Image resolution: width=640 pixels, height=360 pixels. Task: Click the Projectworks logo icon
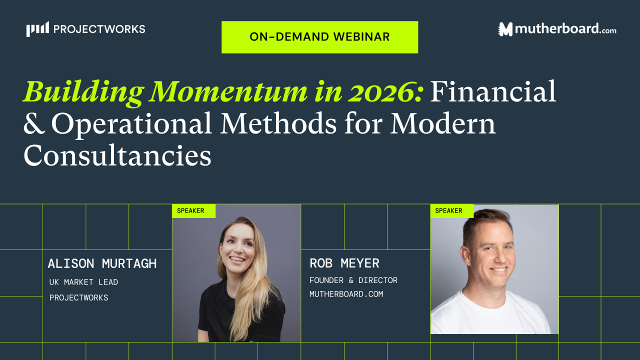click(x=38, y=29)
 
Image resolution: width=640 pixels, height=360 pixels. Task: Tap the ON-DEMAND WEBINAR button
click(x=319, y=37)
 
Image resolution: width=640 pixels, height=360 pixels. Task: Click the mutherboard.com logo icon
click(x=506, y=29)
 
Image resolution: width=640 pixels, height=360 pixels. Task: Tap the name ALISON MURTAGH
click(x=102, y=263)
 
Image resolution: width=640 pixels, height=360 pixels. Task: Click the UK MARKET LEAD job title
click(x=83, y=282)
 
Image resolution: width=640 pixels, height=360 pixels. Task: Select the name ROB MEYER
click(x=344, y=263)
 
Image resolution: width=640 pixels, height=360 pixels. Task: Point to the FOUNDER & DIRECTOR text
click(x=353, y=280)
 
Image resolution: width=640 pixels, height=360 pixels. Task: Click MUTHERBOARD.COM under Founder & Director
click(x=346, y=294)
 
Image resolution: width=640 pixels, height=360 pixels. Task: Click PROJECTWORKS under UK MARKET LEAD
click(x=78, y=298)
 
